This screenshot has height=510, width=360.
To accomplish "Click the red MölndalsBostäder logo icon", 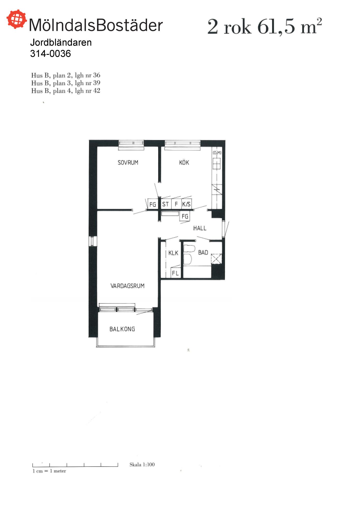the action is (17, 19).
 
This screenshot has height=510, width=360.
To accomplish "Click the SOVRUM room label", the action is (128, 162).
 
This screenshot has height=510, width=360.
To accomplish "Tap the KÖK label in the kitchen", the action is (184, 162).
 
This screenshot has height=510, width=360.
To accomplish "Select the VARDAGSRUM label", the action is (127, 286).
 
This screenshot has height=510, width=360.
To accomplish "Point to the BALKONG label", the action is (122, 329).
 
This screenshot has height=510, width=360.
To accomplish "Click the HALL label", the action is (200, 228).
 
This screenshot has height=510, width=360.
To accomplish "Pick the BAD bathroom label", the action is (203, 252).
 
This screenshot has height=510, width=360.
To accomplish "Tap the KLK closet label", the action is (173, 253).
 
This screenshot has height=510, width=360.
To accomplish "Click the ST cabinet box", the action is (166, 204).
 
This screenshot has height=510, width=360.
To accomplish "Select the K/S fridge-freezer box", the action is (186, 204).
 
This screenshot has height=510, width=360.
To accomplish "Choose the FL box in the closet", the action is (176, 273).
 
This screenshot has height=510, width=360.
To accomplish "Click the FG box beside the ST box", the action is (152, 204).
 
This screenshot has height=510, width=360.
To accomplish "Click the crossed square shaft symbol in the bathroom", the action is (216, 259).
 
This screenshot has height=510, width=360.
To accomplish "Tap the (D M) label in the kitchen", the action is (217, 153).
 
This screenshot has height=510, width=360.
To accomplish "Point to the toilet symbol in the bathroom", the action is (189, 254).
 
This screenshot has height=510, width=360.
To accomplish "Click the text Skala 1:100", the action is (142, 464).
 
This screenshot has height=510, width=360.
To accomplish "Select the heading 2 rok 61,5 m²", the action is (265, 26).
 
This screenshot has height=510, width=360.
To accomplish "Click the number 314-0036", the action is (50, 54).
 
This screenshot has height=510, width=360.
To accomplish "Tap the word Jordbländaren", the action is (61, 42).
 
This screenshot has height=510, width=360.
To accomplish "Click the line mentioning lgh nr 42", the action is (66, 91).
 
